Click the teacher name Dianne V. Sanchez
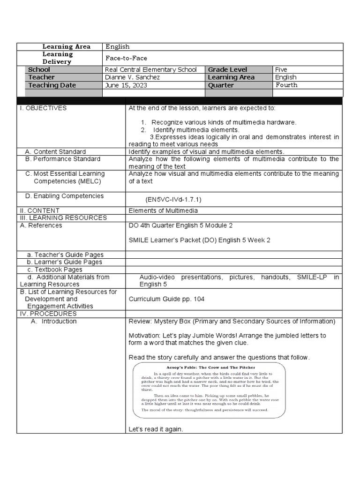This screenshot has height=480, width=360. coord(132,77)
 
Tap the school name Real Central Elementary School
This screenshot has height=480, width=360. coord(151,70)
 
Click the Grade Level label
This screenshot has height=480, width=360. coord(227,70)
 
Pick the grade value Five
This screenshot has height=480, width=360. coord(281,70)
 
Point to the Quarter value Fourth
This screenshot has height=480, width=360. coord(286,85)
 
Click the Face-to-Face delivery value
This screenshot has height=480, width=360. coord(126,58)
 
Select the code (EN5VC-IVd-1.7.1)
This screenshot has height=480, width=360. coord(173,199)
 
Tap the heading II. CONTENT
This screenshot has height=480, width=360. coord(39,211)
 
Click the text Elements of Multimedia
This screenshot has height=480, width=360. coord(163,211)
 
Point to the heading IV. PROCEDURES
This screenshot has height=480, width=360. coord(48,314)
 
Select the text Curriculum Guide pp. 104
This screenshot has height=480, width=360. coord(166,299)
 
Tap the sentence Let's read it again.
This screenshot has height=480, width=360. coord(156,429)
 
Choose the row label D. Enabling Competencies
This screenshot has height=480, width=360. coord(64,196)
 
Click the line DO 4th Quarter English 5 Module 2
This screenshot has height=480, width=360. coord(180,225)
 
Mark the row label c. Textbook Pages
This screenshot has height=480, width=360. coord(54,270)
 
